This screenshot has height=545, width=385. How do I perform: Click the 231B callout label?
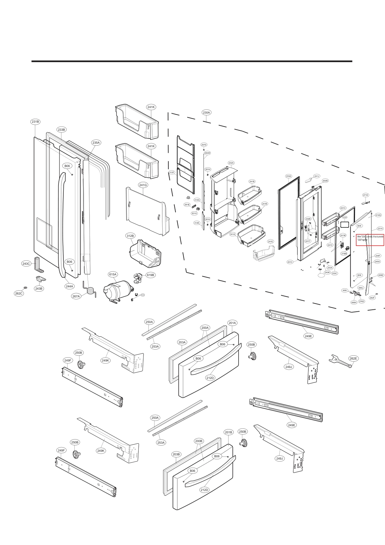35,122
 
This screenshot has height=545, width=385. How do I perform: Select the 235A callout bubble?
96,142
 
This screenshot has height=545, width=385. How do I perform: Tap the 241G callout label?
143,185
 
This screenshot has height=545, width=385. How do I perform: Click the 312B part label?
130,236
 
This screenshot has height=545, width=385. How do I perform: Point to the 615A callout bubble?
113,274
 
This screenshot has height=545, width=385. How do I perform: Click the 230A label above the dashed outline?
206,112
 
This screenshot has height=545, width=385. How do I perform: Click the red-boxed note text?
370,240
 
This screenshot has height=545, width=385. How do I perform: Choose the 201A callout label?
232,323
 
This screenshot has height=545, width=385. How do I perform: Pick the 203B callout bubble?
176,454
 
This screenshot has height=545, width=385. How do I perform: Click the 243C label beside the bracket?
26,263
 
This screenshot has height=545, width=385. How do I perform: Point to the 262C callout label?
19,293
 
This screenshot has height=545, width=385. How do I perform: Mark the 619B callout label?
151,275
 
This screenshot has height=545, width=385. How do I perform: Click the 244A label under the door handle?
70,286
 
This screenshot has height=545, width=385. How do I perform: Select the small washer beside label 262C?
26,287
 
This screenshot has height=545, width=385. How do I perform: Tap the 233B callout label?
61,129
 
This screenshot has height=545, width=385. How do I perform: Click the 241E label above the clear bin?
271,241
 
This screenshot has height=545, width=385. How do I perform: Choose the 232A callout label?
231,163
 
